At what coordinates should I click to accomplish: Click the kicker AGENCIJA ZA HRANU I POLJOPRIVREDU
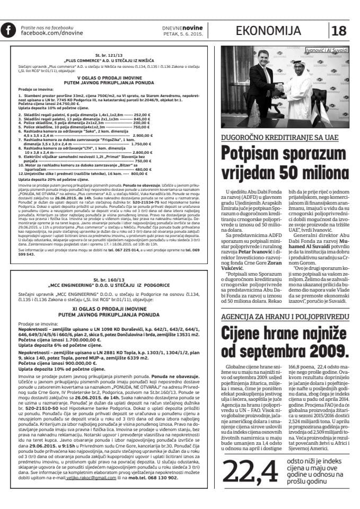pos(286,317)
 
